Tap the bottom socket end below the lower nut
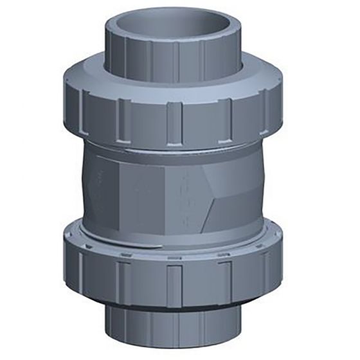click(174, 328)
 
